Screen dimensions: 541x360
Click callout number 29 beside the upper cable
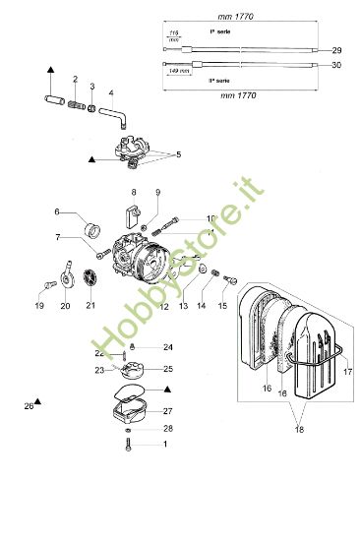pos(337,49)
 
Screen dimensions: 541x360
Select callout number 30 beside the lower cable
pos(337,65)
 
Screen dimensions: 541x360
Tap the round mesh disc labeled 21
pos(90,279)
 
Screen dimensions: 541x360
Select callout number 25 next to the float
pos(167,368)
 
